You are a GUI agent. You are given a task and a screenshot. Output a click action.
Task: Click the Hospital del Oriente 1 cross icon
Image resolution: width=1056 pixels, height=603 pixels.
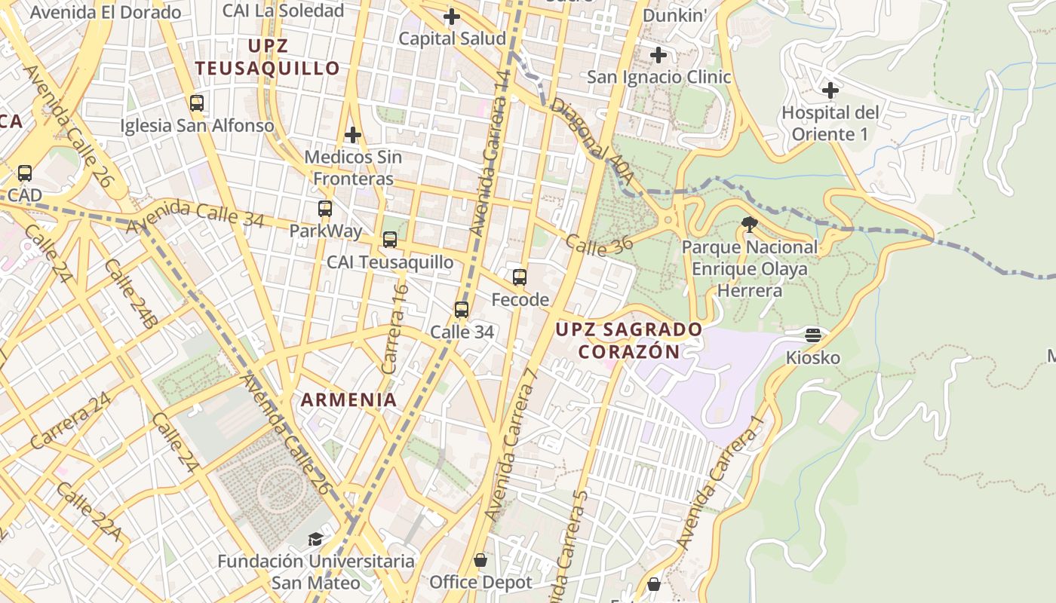pos(830,90)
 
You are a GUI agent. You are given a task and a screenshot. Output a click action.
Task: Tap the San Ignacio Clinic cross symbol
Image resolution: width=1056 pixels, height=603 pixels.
pos(658,55)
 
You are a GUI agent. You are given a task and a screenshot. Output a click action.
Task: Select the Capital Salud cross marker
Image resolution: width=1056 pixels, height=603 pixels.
pos(452,17)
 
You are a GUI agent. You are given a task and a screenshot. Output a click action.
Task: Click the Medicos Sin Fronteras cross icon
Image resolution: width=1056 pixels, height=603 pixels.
pos(352,136)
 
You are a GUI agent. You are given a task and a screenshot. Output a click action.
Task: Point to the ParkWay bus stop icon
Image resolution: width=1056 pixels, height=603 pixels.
pos(325,209)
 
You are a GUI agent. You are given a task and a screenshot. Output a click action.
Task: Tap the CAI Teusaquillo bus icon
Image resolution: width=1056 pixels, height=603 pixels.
pos(390,240)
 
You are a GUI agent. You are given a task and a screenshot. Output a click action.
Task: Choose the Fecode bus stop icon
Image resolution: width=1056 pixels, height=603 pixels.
pos(520,277)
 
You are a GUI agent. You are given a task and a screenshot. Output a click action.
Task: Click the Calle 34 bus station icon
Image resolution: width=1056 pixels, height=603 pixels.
pos(462,309)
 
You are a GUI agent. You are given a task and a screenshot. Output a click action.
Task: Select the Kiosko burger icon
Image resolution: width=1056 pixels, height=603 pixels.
pos(812,335)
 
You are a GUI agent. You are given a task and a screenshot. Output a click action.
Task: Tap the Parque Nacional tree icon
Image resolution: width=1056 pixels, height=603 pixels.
pos(749,224)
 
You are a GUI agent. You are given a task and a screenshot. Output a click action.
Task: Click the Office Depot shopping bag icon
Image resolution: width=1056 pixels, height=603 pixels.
pos(480,561)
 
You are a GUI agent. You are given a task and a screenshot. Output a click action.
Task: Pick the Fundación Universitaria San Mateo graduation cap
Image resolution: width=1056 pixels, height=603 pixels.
pos(315,540)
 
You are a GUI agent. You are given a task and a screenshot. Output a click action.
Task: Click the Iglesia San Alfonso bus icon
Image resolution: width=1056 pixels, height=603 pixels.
pos(197,103)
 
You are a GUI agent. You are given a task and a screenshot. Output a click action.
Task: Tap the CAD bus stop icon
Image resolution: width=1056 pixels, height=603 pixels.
pos(25,173)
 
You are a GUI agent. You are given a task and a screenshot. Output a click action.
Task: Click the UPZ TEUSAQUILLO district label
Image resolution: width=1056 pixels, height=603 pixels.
pos(268,57)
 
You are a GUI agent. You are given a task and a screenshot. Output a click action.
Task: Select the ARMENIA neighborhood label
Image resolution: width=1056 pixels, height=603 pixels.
pos(349,400)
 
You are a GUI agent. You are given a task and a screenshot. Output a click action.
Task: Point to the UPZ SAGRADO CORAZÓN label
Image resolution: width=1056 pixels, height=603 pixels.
pos(629,340)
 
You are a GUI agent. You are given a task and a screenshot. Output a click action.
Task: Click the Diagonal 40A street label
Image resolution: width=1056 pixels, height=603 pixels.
pos(591,140)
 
